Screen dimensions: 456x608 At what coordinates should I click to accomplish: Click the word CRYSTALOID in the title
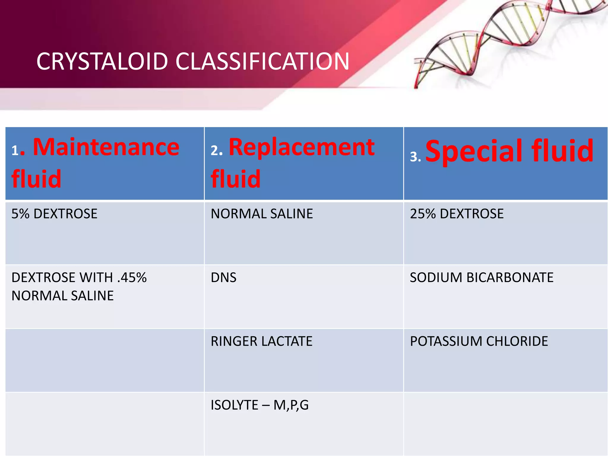pos(102,61)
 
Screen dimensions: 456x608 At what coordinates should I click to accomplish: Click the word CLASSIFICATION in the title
pos(262,61)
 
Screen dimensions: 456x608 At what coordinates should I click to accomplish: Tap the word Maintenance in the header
pos(106,147)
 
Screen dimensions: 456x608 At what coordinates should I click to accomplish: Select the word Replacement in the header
pos(302,147)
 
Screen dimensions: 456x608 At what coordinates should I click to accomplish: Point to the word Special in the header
pos(474,151)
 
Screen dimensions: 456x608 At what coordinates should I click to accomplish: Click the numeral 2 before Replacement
pos(214,151)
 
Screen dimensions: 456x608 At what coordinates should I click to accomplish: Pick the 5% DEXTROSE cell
pos(54,214)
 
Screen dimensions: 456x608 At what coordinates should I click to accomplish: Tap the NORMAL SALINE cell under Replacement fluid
pos(262,214)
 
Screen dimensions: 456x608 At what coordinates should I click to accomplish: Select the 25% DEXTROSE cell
pos(457,214)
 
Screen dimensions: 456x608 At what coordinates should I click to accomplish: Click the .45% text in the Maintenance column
pos(132,278)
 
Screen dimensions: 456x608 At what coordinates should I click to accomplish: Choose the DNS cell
pos(224,278)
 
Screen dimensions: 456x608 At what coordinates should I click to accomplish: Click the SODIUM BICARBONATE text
pos(482,278)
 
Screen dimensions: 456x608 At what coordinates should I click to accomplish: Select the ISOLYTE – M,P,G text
pos(259,405)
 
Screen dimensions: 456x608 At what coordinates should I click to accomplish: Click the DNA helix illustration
pos(505,42)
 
